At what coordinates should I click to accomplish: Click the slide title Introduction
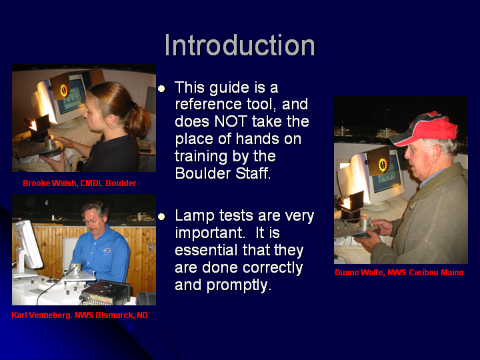(240, 45)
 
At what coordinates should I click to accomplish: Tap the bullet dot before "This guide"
(161, 89)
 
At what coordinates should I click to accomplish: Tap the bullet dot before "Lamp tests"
(161, 217)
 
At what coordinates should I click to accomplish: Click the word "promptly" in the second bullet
(239, 285)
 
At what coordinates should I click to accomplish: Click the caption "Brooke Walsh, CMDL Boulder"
(79, 183)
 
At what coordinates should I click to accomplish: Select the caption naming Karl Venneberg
(79, 315)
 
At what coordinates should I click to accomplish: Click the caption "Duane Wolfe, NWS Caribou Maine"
(399, 273)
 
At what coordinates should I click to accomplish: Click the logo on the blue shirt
(107, 251)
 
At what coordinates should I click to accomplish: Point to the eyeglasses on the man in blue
(91, 220)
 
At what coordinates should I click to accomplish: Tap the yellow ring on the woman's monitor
(64, 90)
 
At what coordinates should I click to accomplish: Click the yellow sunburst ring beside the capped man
(383, 165)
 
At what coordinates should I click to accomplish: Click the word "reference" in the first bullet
(206, 105)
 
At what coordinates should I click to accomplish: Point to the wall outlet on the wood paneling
(151, 247)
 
